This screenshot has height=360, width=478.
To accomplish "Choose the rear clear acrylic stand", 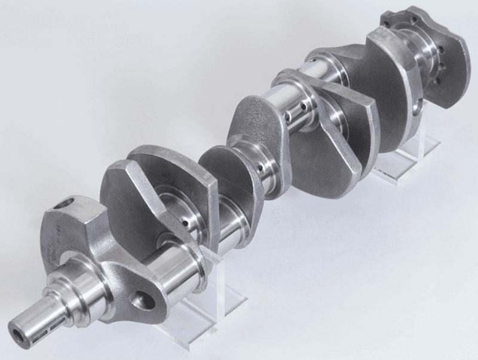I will (x=412, y=158).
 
